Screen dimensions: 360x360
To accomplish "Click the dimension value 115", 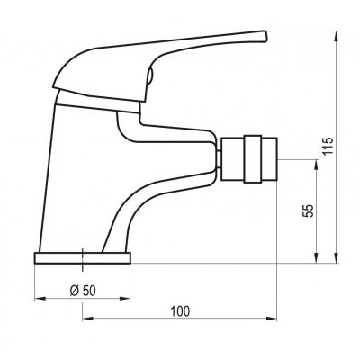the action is [328, 146].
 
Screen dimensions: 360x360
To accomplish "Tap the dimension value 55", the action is [309, 211].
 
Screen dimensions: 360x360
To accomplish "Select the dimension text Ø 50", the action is [83, 291].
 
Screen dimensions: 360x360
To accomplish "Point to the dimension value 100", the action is [180, 311].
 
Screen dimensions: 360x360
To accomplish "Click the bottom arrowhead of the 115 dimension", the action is [337, 258].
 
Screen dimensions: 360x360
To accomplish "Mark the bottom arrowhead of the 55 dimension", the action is [316, 258].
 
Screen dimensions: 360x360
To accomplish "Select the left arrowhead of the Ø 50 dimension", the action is [40, 299].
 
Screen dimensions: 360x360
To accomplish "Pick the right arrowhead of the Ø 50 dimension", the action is [125, 299].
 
